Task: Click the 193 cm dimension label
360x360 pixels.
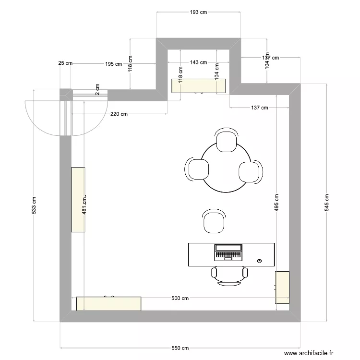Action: (x=198, y=12)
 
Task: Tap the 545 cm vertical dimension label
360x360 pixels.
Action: (x=327, y=203)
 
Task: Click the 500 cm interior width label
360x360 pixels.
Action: (x=180, y=298)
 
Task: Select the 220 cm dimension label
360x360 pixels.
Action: (x=119, y=114)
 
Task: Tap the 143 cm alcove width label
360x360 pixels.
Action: (x=198, y=62)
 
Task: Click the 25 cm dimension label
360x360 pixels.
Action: (x=65, y=63)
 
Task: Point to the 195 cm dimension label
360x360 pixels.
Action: (x=113, y=63)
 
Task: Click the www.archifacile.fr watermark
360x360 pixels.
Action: (x=309, y=353)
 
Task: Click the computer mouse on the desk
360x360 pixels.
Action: (x=259, y=261)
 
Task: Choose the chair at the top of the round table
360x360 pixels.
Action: (x=226, y=140)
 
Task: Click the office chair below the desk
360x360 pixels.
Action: (x=229, y=276)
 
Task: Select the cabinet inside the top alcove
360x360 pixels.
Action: (x=199, y=85)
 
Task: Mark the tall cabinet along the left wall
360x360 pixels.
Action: (x=78, y=200)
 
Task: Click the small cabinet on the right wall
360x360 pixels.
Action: (x=282, y=287)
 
